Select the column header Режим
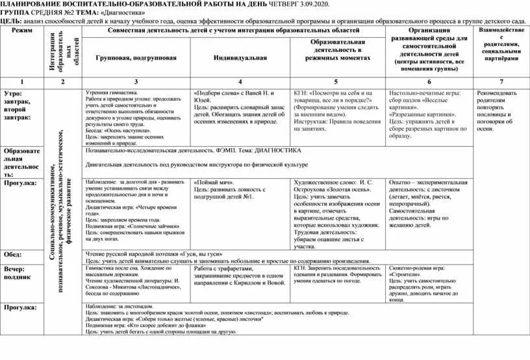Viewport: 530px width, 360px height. pyautogui.click(x=21, y=31)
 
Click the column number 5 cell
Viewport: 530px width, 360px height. pyautogui.click(x=336, y=82)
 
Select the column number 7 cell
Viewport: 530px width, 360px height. pyautogui.click(x=501, y=82)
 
